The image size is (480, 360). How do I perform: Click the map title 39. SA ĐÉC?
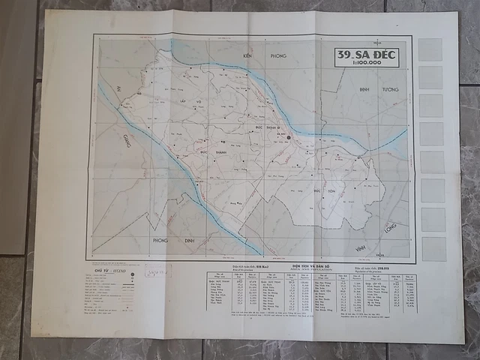(367, 55)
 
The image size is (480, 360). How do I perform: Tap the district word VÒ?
(199, 101)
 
